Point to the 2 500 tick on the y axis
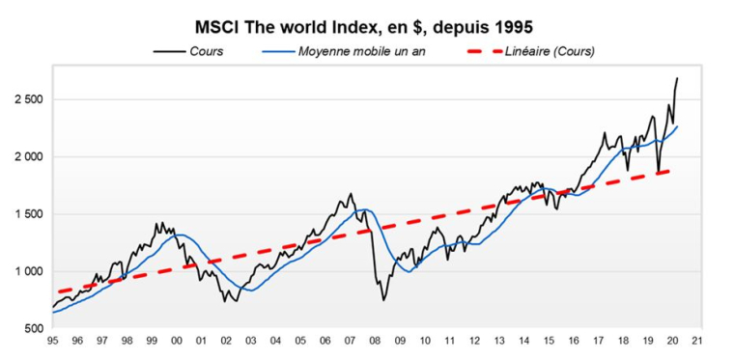coord(29,99)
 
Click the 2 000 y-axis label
coord(29,156)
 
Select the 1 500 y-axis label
coord(29,214)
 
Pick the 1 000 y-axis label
coord(29,271)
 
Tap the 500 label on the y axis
coord(35,329)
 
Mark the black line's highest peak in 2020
coord(677,78)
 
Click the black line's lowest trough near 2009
coord(383,300)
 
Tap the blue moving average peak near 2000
coord(178,235)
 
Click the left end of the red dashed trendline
coord(58,291)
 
